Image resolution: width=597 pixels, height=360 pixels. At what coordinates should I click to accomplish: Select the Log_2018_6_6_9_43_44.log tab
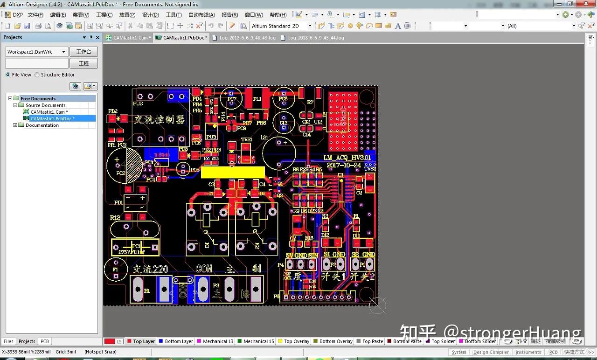pyautogui.click(x=315, y=38)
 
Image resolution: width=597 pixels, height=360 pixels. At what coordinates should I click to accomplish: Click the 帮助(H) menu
pyautogui.click(x=278, y=15)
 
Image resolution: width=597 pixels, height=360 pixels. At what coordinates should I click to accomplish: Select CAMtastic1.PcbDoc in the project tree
pyautogui.click(x=52, y=118)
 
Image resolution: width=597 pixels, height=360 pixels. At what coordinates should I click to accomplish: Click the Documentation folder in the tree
pyautogui.click(x=42, y=125)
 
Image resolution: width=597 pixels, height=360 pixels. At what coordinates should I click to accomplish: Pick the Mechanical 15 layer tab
pyautogui.click(x=258, y=341)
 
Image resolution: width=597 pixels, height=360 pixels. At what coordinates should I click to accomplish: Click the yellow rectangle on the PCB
pyautogui.click(x=233, y=172)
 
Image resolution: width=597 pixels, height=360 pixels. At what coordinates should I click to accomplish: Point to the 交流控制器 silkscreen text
pyautogui.click(x=159, y=119)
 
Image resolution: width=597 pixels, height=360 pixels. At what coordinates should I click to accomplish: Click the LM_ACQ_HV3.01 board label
pyautogui.click(x=347, y=158)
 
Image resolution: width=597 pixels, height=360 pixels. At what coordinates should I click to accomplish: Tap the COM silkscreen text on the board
pyautogui.click(x=204, y=269)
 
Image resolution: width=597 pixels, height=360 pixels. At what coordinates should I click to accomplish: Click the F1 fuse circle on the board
pyautogui.click(x=115, y=270)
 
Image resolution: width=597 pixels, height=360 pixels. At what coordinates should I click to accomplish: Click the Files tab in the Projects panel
pyautogui.click(x=8, y=341)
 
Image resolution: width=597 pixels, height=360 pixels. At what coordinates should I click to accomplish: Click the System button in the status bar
pyautogui.click(x=459, y=352)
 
